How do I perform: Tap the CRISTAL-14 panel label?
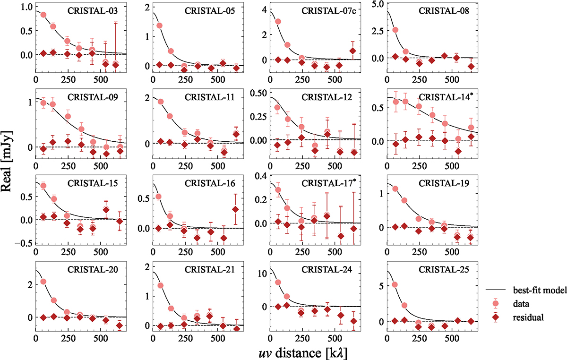441,98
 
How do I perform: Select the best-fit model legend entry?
539,291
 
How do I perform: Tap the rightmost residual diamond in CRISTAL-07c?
352,51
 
